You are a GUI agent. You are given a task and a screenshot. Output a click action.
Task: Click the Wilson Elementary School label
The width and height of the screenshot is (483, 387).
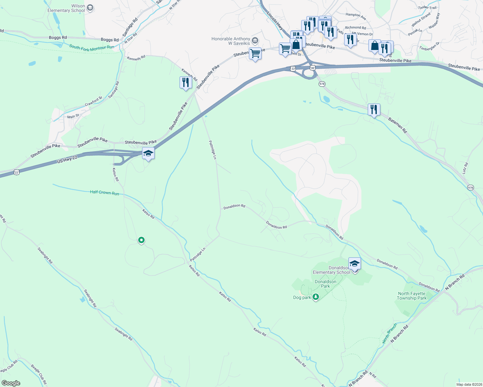point(66,8)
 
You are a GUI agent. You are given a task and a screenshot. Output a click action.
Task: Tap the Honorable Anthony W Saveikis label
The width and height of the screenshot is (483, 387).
point(231,41)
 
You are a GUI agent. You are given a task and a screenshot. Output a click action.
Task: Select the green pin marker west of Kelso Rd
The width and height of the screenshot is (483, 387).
point(141,240)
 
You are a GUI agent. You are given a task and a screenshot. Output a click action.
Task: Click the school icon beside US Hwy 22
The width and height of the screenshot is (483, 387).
point(148,153)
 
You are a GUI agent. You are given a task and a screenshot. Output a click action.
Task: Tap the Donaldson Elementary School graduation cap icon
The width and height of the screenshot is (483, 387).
point(355,263)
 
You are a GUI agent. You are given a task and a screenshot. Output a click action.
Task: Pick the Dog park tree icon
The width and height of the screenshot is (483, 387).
point(316,297)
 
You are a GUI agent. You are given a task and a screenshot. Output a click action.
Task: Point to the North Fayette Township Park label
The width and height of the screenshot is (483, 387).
point(412,296)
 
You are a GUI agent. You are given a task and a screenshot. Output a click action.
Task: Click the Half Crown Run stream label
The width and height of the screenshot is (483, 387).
point(104,193)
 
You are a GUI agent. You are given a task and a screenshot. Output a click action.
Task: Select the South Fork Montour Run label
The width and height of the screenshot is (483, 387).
point(92,48)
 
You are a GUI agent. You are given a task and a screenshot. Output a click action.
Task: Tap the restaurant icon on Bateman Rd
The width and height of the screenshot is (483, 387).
point(374,110)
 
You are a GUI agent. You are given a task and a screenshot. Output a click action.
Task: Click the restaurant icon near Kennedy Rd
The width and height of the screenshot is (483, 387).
point(185,83)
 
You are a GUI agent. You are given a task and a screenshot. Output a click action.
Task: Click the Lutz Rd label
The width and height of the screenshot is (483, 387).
point(465,168)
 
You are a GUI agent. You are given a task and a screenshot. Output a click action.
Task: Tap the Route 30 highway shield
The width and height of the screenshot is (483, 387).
point(312,68)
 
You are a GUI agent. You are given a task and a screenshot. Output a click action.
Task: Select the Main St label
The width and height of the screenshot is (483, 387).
point(73,116)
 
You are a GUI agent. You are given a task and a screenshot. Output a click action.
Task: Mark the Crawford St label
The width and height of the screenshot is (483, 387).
point(93,101)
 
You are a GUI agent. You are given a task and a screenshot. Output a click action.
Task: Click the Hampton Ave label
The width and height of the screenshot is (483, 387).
point(355,16)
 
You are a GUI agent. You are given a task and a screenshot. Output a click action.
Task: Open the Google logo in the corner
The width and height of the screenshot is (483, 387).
point(11,383)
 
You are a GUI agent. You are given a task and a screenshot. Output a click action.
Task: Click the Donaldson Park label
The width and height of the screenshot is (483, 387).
point(325,284)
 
